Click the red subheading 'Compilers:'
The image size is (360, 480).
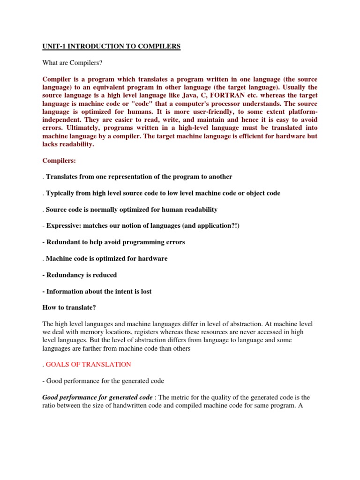coord(59,160)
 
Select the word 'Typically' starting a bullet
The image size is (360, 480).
coord(61,193)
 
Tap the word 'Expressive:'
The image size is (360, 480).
coord(64,225)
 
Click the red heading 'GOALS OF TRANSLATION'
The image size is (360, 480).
coord(89,364)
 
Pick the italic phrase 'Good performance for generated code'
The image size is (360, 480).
coord(97,397)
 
